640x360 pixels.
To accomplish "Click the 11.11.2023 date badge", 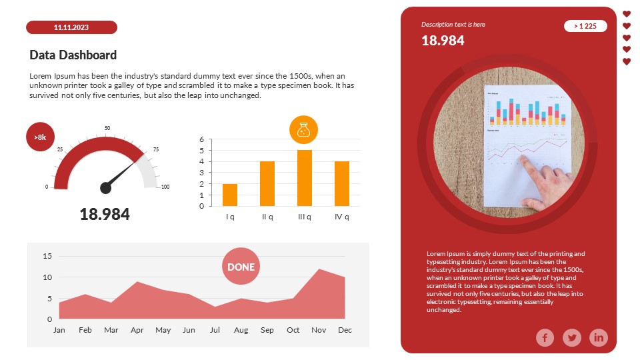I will coord(71,27).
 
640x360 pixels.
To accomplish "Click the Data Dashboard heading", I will coord(73,55).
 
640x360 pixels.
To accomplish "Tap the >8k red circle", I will coord(40,137).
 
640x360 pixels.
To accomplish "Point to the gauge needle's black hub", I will coord(105,188).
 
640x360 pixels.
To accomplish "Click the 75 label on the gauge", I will coord(157,150).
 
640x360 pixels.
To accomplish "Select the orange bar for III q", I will coord(304,178).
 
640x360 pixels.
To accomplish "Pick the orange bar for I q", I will coord(230,195).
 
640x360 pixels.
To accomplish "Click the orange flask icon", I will coord(304,129).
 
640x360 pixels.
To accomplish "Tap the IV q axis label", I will coord(342,217).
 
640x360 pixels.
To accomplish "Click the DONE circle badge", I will coord(241,267).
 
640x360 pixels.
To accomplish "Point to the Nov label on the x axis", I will coord(319,330).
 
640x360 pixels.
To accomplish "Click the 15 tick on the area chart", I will coord(47,256).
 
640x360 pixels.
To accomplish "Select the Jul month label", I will coord(215,330).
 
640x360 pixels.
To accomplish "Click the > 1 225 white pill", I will coord(585,26).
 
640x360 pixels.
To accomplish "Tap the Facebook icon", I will coord(545,338).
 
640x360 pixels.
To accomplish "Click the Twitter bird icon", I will coord(572,338).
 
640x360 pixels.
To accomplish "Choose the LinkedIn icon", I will coord(599,338).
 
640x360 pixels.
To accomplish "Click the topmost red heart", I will coord(627,14).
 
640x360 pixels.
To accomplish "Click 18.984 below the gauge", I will coord(105,214).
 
